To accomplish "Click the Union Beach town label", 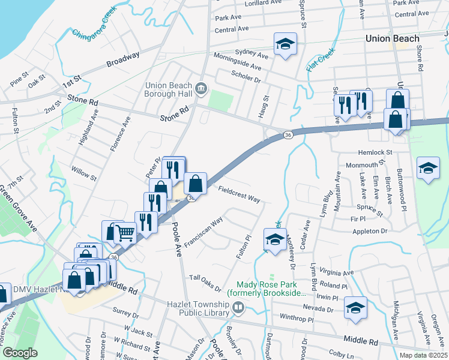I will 393,39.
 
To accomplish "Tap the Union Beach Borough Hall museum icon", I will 202,89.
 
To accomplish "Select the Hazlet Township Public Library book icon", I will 238,308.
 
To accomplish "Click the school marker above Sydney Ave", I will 285,44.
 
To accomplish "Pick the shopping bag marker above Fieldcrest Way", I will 196,182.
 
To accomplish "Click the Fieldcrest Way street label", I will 238,193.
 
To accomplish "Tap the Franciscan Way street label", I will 203,228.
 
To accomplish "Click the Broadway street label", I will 122,59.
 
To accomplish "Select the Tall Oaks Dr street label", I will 205,281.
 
